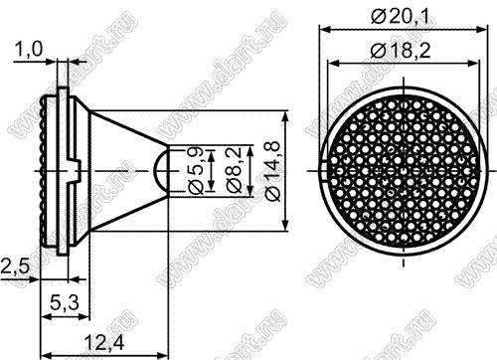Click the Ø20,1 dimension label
tap(400, 16)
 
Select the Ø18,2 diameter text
tap(401, 51)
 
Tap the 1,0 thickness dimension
tap(29, 50)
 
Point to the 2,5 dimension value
tap(15, 267)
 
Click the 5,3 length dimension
tap(65, 302)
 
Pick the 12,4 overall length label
tap(104, 342)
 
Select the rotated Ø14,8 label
tap(273, 171)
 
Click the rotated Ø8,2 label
tap(235, 170)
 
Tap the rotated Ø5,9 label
tap(196, 170)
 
